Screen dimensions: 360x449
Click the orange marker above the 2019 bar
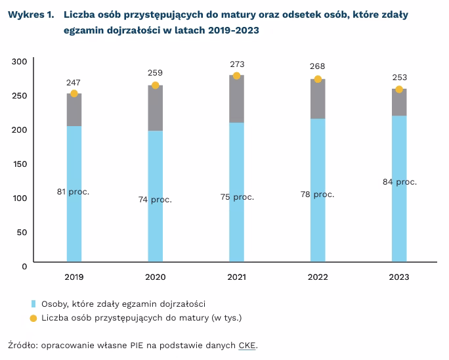click(74, 93)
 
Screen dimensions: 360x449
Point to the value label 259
click(156, 73)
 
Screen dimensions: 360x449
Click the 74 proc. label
click(156, 200)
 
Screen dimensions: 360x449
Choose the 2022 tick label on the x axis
click(318, 278)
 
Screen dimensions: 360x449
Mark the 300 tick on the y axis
click(20, 61)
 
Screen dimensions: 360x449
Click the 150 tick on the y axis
click(20, 164)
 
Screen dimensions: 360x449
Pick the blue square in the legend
click(33, 304)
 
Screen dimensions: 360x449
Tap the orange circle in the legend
click(33, 319)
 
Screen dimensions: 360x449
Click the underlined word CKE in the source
click(248, 344)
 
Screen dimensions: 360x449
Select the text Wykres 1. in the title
click(32, 14)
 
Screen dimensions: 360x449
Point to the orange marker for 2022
click(318, 79)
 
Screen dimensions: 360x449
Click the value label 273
click(237, 64)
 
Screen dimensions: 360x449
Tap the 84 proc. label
click(399, 182)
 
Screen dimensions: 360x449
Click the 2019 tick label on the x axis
click(74, 278)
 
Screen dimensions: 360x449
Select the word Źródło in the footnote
click(22, 344)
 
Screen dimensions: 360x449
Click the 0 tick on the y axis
click(24, 266)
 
